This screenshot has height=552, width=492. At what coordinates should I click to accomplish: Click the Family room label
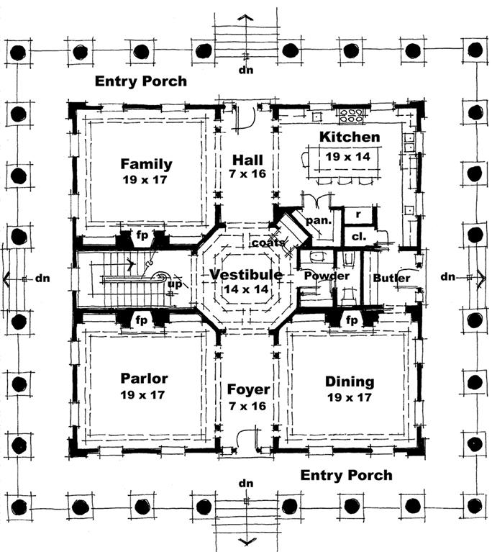point(146,163)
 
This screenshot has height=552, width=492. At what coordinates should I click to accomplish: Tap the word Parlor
point(144,379)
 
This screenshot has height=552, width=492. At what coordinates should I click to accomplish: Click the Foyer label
point(248,390)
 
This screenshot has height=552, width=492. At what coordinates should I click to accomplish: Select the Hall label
point(247,160)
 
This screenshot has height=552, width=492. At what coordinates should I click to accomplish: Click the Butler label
point(392,278)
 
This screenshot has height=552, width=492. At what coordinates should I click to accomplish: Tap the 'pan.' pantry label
point(318,221)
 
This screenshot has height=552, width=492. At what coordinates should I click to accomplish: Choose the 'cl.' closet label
point(355,237)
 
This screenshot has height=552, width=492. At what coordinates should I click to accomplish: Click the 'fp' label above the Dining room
point(352,319)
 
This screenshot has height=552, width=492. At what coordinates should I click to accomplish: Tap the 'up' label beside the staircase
point(173,284)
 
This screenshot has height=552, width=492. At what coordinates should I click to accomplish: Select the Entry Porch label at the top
point(141,81)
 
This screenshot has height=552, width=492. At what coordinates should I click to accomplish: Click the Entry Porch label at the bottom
point(346,475)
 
